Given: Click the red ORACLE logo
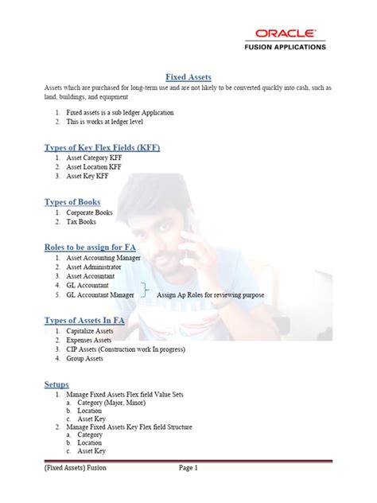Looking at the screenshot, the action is (x=286, y=33).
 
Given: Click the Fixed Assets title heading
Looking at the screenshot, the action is (x=188, y=76).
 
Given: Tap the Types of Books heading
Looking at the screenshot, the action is (x=73, y=202).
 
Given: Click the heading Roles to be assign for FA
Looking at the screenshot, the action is (x=90, y=248).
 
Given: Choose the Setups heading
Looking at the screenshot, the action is (x=56, y=384).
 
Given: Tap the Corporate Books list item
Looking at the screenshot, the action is (x=89, y=213).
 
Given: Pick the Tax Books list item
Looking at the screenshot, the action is (x=82, y=223).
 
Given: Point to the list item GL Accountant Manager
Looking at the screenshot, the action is (x=100, y=294).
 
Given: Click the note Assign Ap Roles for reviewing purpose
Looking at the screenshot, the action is (x=211, y=294).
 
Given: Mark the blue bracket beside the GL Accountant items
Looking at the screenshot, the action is (x=145, y=290).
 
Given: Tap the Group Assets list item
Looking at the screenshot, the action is (x=85, y=358).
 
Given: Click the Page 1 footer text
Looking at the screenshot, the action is (x=188, y=468).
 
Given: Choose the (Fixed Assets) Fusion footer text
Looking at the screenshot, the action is (x=75, y=468).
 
